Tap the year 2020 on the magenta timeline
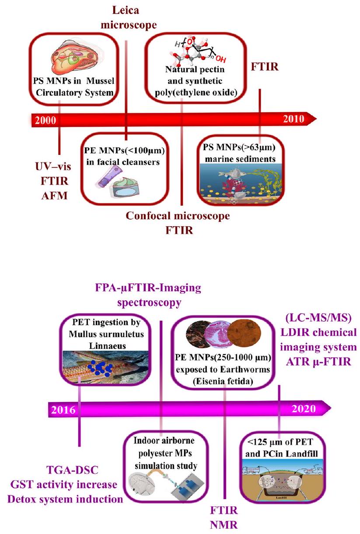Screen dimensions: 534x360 [303, 408]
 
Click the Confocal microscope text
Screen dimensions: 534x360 [178, 216]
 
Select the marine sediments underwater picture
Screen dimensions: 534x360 [238, 184]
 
